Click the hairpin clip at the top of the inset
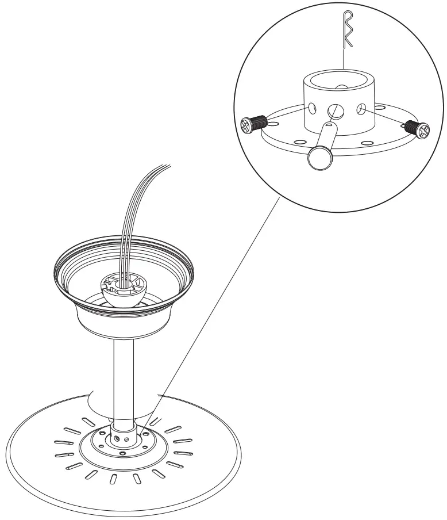tap(346, 29)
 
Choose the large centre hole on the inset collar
tap(333, 110)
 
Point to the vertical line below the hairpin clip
tap(342, 58)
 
